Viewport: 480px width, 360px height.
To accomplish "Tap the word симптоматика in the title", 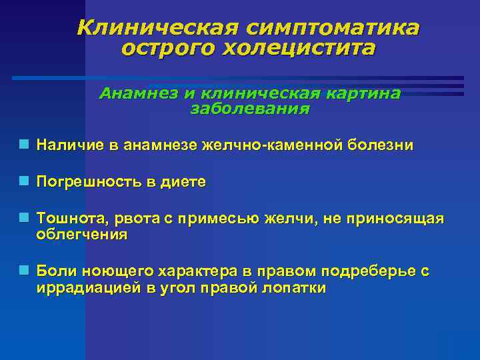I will coord(332,28).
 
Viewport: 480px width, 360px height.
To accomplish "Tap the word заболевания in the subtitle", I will coord(250,109).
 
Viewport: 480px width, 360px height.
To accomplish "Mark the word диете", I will coord(183,182).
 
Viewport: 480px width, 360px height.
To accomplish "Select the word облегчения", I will coord(81,235).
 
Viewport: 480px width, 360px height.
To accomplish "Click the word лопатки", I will coord(294,288).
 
